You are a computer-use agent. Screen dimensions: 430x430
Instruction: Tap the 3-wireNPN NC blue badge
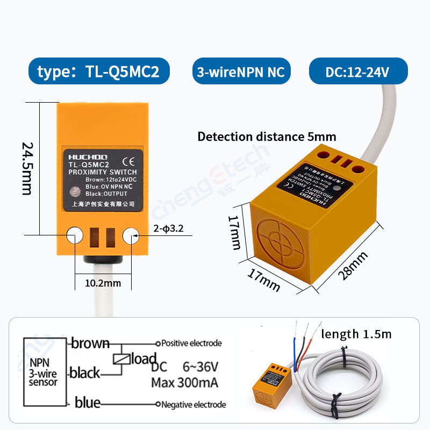pyautogui.click(x=240, y=72)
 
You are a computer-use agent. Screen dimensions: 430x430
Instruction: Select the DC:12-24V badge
pyautogui.click(x=357, y=72)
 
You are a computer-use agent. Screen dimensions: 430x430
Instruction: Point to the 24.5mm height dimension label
pyautogui.click(x=27, y=168)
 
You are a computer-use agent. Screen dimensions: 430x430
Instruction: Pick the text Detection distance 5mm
pyautogui.click(x=267, y=137)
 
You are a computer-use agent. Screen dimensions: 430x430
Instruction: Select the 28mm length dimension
pyautogui.click(x=354, y=266)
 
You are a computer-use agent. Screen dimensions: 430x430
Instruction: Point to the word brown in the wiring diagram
pyautogui.click(x=90, y=343)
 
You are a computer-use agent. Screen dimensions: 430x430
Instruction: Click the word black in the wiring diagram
pyautogui.click(x=85, y=372)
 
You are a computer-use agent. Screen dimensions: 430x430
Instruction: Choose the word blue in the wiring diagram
pyautogui.click(x=88, y=402)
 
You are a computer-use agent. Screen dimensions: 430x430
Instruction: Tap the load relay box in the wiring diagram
pyautogui.click(x=121, y=360)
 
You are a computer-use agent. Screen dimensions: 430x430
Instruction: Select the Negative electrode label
pyautogui.click(x=193, y=405)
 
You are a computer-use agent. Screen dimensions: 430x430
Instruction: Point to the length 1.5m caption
pyautogui.click(x=356, y=334)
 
